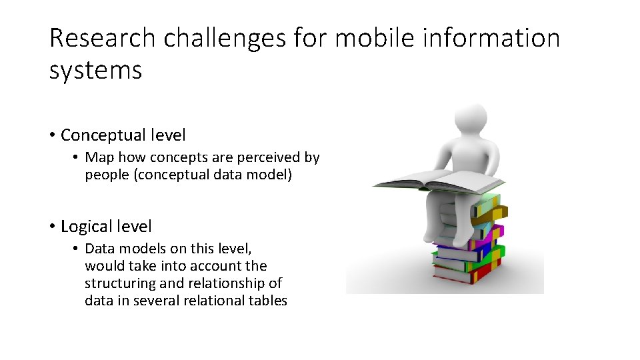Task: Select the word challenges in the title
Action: [x=225, y=39]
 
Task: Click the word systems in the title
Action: [x=95, y=69]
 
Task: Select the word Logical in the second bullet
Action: [x=87, y=227]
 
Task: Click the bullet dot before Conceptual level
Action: [x=52, y=135]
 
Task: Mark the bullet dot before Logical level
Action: [x=52, y=227]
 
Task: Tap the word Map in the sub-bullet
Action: [x=100, y=157]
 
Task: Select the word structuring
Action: [x=117, y=283]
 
